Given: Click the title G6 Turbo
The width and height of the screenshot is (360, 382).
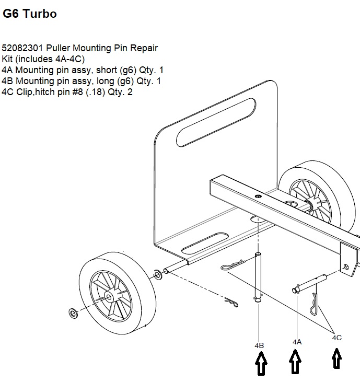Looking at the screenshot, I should click(x=30, y=14).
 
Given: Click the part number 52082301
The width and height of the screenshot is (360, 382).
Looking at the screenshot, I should click(x=20, y=48).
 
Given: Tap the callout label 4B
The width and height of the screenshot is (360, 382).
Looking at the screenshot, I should click(x=259, y=345).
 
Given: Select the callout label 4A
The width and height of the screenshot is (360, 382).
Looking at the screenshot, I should click(x=297, y=342).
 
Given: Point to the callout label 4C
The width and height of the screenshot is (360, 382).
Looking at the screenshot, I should click(x=337, y=338).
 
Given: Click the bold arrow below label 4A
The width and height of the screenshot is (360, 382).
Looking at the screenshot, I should click(x=296, y=362).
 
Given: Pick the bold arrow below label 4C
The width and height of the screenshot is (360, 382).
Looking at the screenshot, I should click(x=337, y=360).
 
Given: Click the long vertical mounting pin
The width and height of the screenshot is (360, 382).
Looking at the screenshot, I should click(x=258, y=277).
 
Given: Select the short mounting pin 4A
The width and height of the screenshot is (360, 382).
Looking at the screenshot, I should click(x=310, y=283).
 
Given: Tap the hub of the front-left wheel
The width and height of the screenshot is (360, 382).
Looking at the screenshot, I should click(x=108, y=296).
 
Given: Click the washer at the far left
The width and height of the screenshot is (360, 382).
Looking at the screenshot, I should click(x=72, y=313).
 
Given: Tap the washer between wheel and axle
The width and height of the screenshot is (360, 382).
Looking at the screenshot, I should click(x=157, y=273).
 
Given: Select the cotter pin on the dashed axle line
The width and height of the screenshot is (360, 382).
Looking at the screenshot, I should click(x=230, y=302).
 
